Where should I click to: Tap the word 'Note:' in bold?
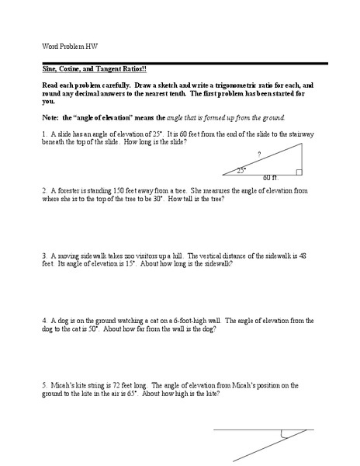pyautogui.click(x=51, y=117)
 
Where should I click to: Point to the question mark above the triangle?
pyautogui.click(x=258, y=153)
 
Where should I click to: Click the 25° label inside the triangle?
pyautogui.click(x=242, y=170)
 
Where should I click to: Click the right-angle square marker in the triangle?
pyautogui.click(x=299, y=172)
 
